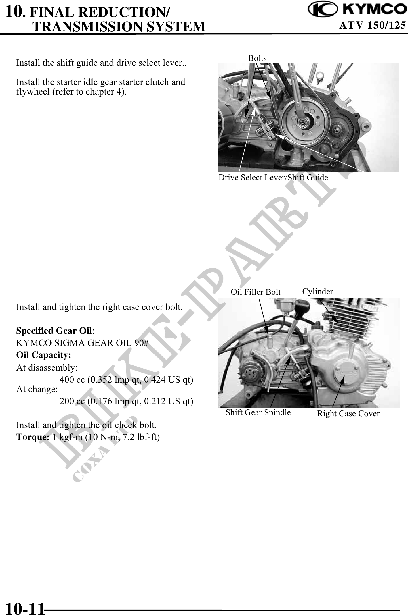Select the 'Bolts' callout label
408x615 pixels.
tap(258, 58)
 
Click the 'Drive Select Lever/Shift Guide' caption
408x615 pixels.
tap(273, 178)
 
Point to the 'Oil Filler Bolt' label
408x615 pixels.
tap(256, 292)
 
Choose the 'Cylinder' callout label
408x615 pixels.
tap(318, 292)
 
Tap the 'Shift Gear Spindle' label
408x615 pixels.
tap(258, 412)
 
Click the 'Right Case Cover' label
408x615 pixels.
tap(348, 414)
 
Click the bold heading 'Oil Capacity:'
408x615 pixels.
tap(44, 355)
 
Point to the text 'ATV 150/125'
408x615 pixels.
tap(373, 26)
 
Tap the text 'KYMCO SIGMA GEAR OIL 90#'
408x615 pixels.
tap(82, 343)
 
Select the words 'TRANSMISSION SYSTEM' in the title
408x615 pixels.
tap(119, 26)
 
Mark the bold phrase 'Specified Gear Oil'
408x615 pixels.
tap(54, 331)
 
